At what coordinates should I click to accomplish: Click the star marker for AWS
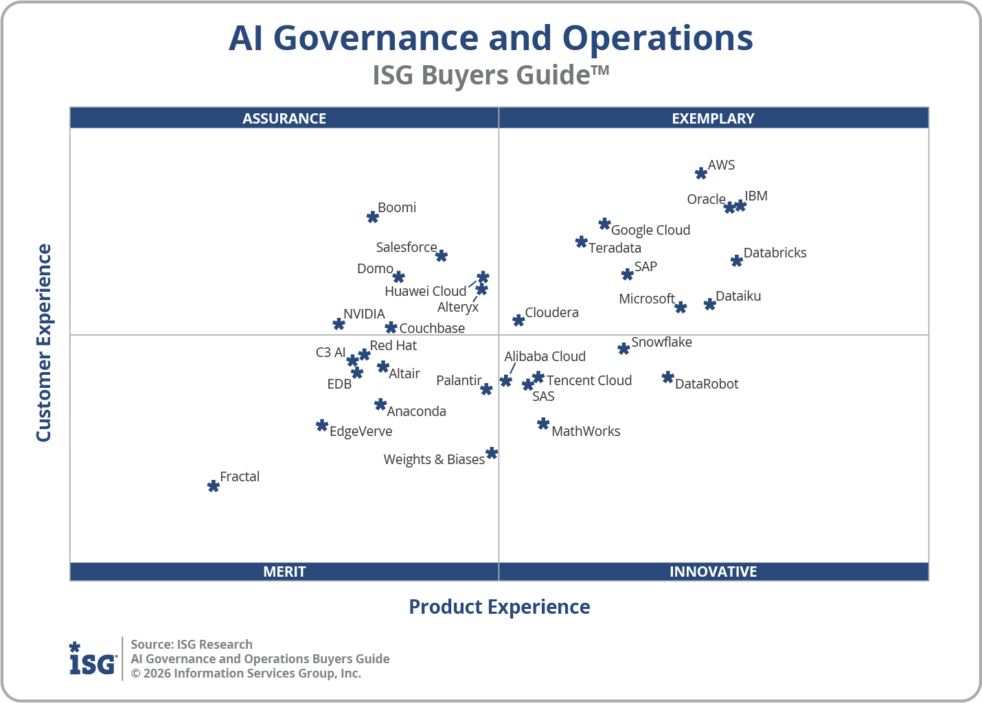[x=700, y=173]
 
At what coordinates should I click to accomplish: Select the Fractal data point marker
[x=214, y=486]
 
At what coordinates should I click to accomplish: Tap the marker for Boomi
[x=372, y=217]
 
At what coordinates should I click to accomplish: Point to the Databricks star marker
[x=736, y=261]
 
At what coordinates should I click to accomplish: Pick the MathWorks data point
[x=543, y=424]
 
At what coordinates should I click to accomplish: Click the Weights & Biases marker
[x=492, y=453]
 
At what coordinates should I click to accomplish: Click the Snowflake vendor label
[x=661, y=342]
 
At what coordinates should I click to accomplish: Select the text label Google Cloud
[x=650, y=230]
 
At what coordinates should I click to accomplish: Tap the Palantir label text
[x=458, y=380]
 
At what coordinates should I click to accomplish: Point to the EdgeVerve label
[x=361, y=431]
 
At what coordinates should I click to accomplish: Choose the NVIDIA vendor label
[x=364, y=314]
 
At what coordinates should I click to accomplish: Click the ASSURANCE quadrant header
[x=284, y=118]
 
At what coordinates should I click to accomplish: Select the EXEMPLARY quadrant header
[x=713, y=118]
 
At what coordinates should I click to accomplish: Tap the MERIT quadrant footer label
[x=284, y=571]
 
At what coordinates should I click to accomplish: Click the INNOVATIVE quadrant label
[x=713, y=571]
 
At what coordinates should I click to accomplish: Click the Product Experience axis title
[x=499, y=607]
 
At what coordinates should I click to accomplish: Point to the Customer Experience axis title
[x=44, y=343]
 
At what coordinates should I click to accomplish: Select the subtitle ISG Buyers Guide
[x=490, y=75]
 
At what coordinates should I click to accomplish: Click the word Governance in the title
[x=412, y=38]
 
